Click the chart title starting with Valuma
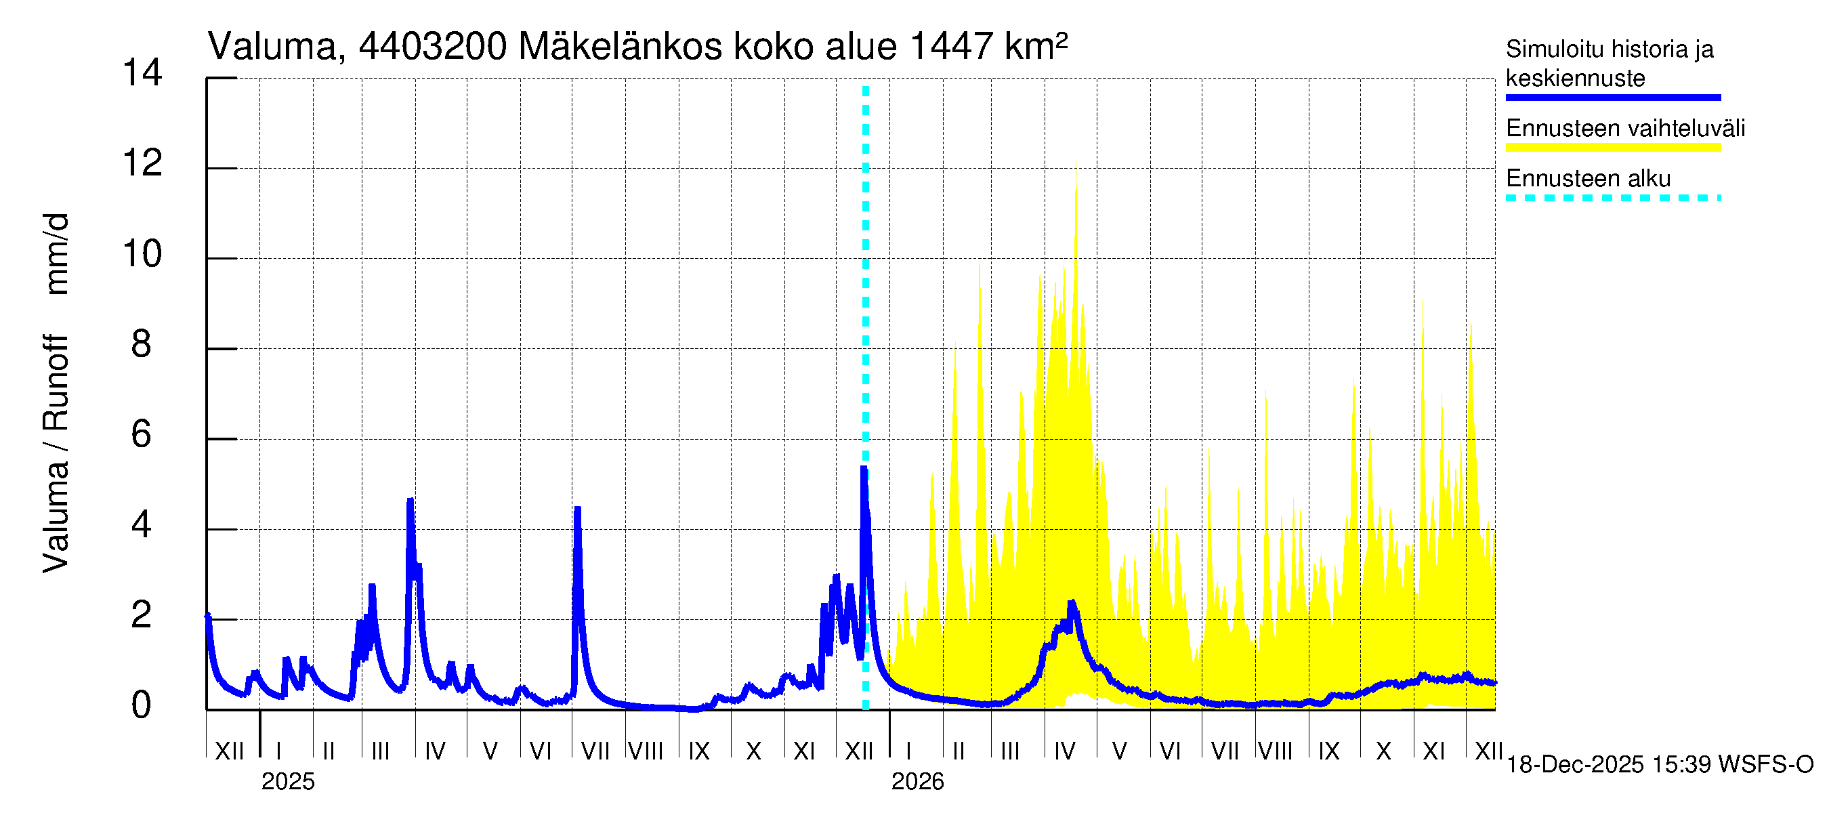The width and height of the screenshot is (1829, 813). click(637, 47)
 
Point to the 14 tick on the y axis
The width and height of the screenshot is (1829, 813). click(142, 73)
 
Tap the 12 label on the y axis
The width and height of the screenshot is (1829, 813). click(142, 164)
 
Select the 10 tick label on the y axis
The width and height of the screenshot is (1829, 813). click(142, 254)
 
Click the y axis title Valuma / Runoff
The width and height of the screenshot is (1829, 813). click(56, 394)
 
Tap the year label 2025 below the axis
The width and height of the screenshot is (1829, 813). click(287, 782)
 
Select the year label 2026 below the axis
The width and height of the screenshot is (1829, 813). click(917, 782)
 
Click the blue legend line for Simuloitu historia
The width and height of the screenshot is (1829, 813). click(1612, 98)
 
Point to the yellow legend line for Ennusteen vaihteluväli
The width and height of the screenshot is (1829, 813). click(1612, 148)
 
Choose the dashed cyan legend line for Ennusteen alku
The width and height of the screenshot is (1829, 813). click(1612, 198)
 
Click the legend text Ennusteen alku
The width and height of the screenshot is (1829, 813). click(1589, 178)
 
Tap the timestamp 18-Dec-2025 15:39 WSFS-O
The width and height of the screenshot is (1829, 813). click(1659, 765)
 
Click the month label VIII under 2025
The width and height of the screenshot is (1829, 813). click(646, 751)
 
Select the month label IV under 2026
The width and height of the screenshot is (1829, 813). click(1064, 751)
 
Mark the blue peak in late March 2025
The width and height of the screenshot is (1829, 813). click(410, 501)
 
